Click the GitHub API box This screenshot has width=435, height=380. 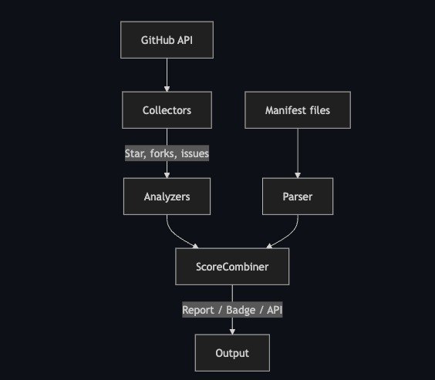point(167,40)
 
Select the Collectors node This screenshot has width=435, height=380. point(167,110)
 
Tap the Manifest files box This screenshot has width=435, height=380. point(298,110)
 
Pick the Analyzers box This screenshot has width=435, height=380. point(167,197)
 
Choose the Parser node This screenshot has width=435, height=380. point(298,197)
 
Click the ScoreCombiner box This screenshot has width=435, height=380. point(232,267)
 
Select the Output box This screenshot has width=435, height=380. point(232,353)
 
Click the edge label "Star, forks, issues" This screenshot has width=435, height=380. point(167,153)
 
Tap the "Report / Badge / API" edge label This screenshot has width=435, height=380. point(232,310)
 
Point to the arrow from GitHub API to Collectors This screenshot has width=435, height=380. point(167,75)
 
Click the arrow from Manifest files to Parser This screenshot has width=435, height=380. point(298,153)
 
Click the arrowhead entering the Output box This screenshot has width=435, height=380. point(232,331)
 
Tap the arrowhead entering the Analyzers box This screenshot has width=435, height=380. point(167,175)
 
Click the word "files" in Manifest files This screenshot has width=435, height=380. point(320,110)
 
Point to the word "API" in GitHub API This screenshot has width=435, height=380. point(185,40)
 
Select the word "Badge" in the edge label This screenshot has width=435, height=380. point(241,310)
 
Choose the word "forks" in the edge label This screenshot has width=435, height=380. point(162,153)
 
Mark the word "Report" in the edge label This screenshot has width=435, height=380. point(198,310)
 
